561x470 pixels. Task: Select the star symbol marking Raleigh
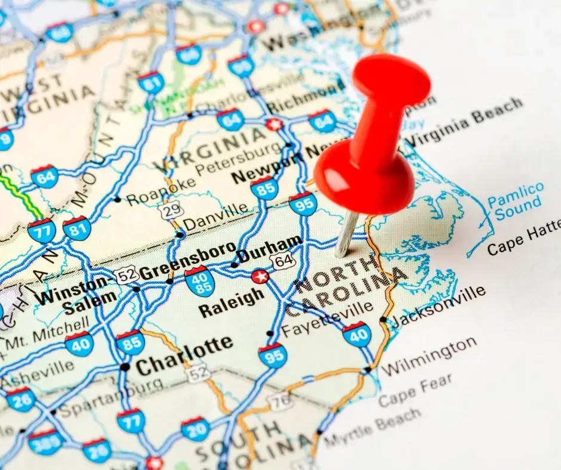pos(260,276)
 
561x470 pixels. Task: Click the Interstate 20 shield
pos(196,429)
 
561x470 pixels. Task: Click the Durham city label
pos(270,249)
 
